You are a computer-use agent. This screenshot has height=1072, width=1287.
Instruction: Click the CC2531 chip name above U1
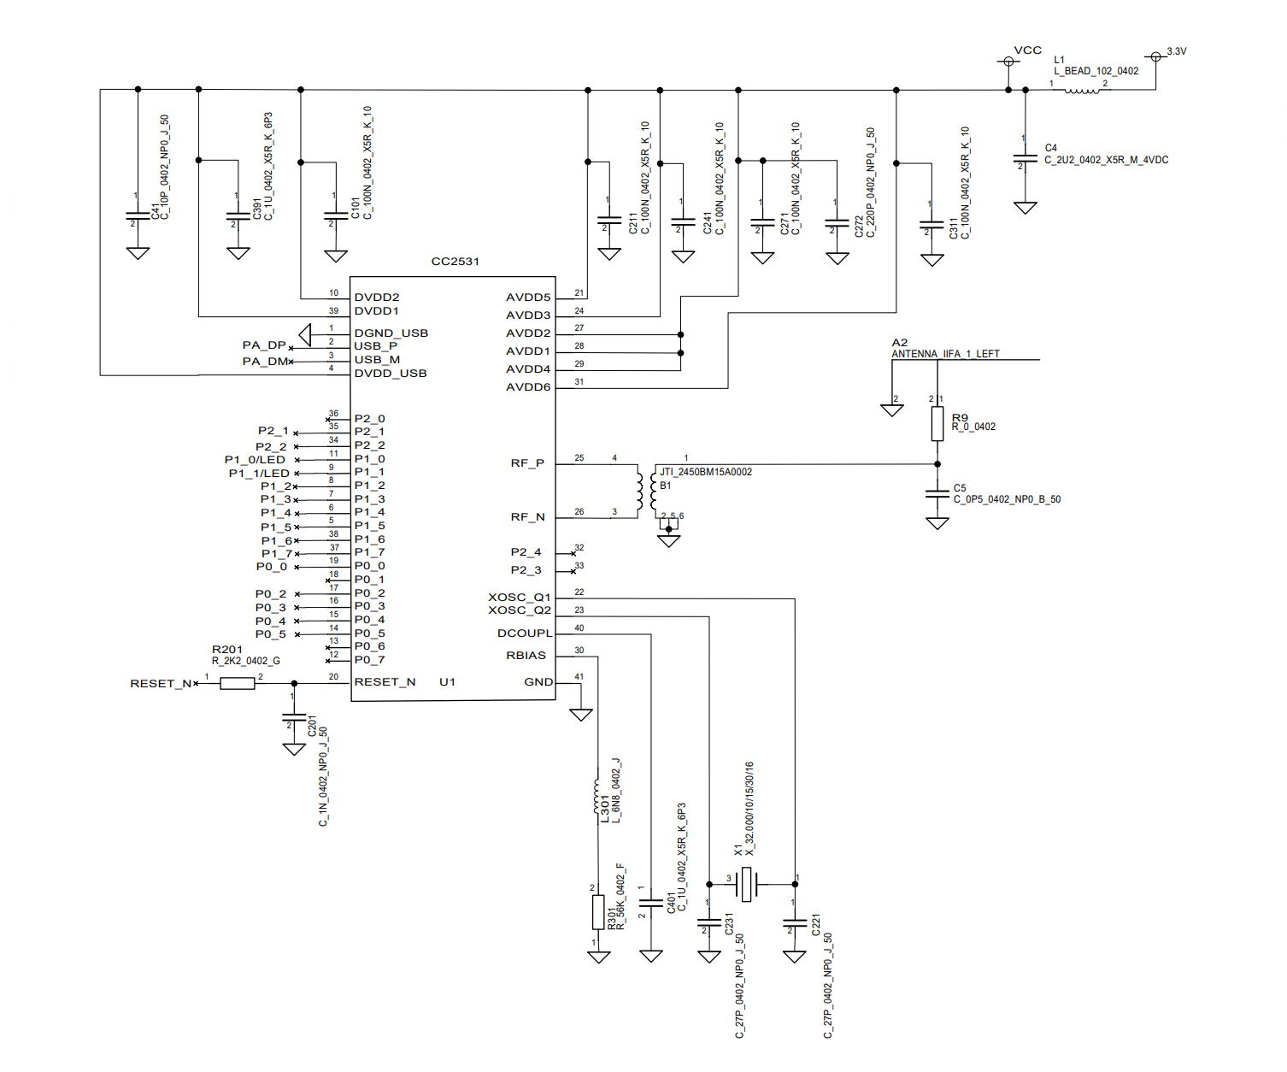455,262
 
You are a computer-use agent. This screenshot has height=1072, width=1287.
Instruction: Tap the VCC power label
1027,50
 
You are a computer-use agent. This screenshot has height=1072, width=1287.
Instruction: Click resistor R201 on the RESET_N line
238,683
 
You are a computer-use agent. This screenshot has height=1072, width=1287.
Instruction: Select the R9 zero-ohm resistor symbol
937,424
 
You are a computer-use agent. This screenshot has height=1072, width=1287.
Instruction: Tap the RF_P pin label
527,463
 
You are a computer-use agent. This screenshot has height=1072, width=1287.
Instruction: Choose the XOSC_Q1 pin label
520,597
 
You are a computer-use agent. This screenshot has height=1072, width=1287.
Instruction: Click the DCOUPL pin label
525,633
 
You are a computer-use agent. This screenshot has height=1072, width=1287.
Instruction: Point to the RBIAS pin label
526,656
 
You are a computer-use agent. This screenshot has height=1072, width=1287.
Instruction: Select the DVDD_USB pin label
391,374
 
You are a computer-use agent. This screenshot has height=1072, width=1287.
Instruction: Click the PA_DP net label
264,345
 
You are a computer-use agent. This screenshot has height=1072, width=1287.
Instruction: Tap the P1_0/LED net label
255,460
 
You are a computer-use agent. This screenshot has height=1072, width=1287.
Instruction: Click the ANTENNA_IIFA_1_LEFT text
945,354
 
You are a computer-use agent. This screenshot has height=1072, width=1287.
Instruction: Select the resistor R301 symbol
598,912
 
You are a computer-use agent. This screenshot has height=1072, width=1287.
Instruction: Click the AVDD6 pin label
528,387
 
